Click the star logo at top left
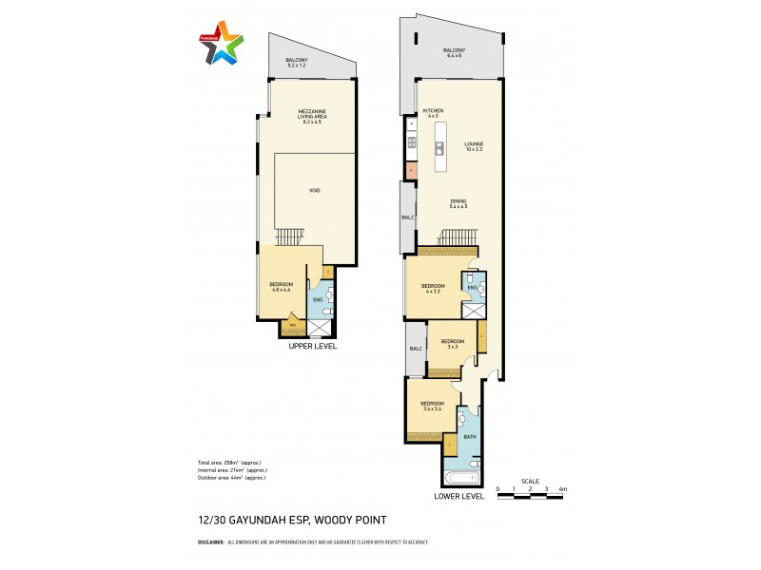(222, 42)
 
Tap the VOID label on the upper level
(314, 191)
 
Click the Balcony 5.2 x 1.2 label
(297, 65)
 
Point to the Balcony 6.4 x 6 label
(453, 53)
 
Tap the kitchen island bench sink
(440, 148)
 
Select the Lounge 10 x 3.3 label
(474, 147)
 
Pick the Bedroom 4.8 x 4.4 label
(282, 287)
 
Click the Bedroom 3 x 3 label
(452, 343)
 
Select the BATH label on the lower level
(469, 437)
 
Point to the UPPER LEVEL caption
(313, 347)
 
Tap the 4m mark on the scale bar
(562, 489)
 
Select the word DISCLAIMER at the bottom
(210, 541)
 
